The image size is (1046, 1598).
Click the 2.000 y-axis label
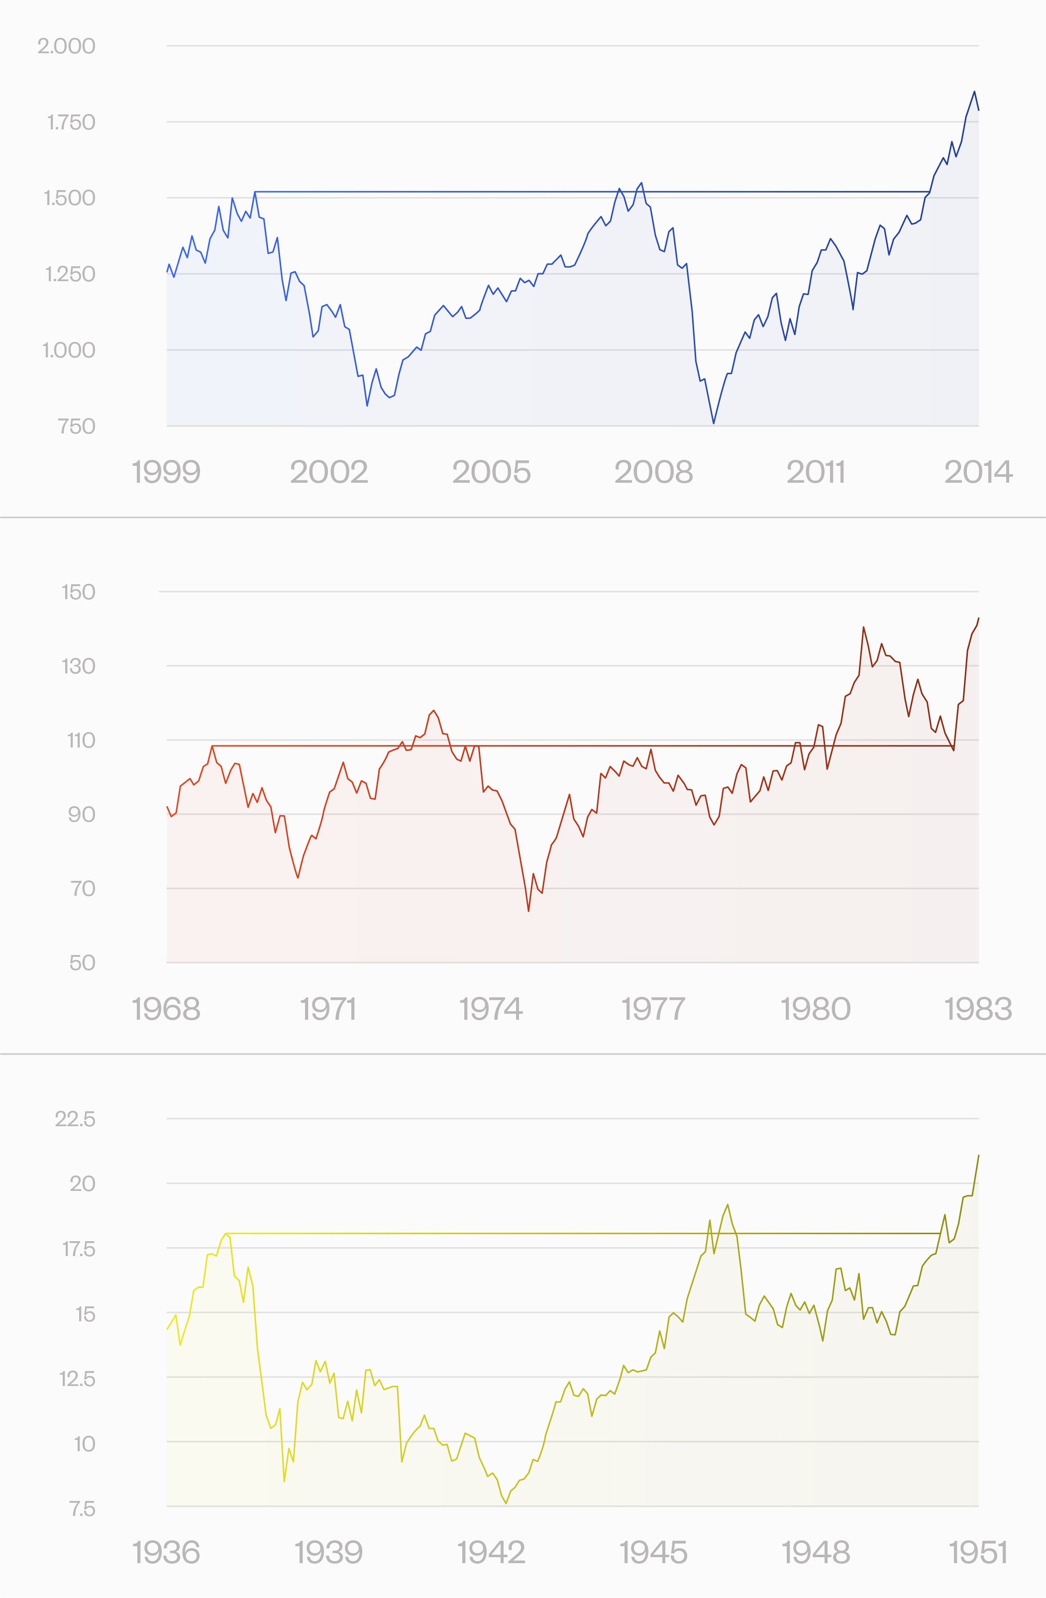click(67, 46)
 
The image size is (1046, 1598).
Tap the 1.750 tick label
click(71, 123)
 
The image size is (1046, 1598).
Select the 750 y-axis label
click(77, 427)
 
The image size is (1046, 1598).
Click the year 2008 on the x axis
click(653, 472)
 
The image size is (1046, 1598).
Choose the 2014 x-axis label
click(978, 472)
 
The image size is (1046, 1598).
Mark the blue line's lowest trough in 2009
click(713, 424)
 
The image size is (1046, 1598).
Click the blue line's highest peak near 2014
click(974, 91)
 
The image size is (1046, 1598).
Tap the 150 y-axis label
click(79, 592)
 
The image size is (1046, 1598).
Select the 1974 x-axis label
click(491, 1009)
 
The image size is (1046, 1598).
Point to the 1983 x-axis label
click(978, 1009)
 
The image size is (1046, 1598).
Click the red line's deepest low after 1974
click(528, 911)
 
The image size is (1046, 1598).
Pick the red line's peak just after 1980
click(863, 627)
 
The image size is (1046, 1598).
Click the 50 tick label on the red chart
click(83, 963)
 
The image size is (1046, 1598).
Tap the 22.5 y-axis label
click(75, 1119)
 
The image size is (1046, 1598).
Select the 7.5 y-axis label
click(83, 1509)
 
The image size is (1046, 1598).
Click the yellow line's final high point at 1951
click(978, 1156)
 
